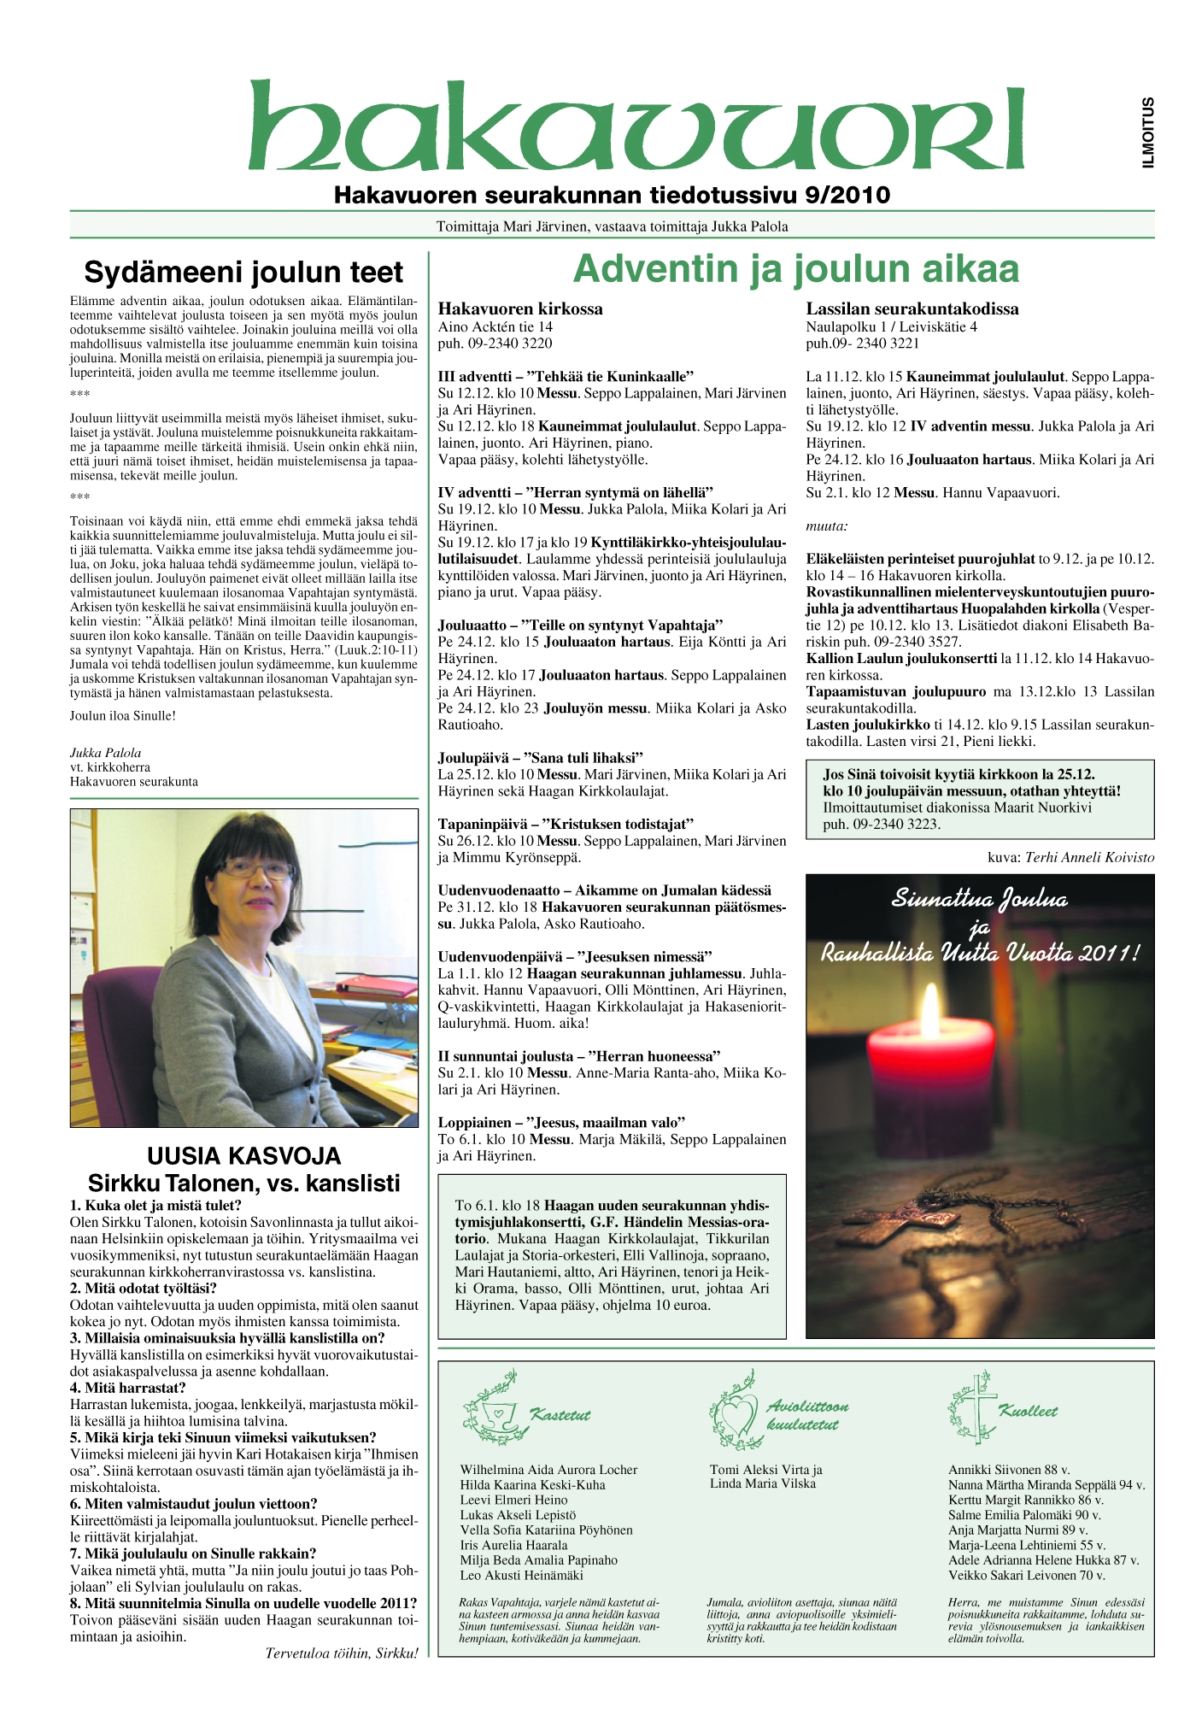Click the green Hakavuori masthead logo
coord(636,126)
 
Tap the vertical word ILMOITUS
coord(1148,132)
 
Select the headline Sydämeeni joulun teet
coord(243,273)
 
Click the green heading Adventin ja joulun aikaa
coord(796,268)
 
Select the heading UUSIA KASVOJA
coord(243,1156)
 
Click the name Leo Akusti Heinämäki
coord(521,1575)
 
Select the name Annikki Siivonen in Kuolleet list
coord(994,1470)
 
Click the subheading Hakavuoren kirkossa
coord(520,309)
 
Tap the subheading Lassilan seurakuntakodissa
coord(912,309)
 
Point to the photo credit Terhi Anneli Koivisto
coord(1089,857)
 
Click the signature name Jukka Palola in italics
coord(105,753)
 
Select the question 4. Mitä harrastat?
coord(127,1388)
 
